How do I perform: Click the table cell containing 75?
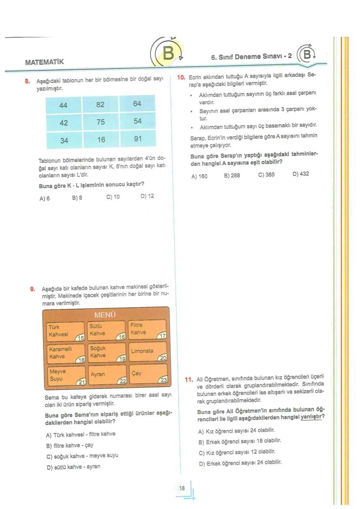coord(100,122)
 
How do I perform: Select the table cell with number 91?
coord(137,140)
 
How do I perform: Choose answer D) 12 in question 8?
coord(147,196)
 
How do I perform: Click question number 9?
coord(33,288)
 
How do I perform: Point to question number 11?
coord(189,379)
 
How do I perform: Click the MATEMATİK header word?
coord(44,62)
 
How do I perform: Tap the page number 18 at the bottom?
coord(182,488)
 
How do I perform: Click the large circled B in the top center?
coord(168,54)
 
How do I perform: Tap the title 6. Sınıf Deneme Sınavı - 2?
coord(251,57)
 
